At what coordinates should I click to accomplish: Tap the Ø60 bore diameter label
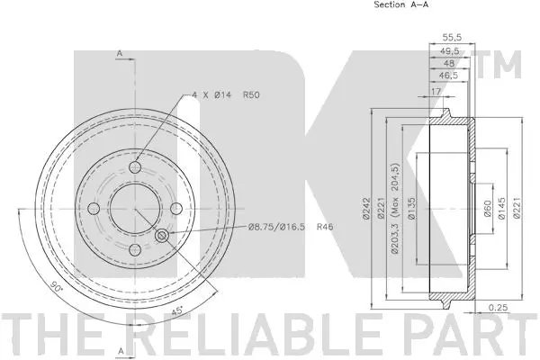487,210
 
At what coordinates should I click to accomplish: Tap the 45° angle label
177,311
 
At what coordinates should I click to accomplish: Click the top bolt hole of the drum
136,168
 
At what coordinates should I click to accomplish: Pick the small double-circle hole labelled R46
163,236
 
